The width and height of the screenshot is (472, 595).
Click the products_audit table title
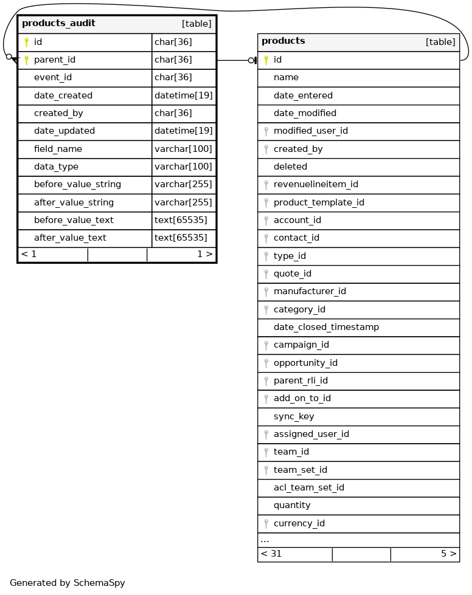(x=58, y=24)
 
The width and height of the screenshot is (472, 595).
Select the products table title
(x=283, y=41)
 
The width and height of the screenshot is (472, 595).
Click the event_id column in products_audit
(x=53, y=78)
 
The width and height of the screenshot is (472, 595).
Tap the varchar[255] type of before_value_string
(x=183, y=185)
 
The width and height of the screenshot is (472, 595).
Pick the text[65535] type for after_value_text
(x=181, y=238)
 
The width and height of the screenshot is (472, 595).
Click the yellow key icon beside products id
(x=266, y=60)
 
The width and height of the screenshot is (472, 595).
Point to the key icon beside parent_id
(x=26, y=60)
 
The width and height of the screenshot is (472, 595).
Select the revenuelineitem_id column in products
(x=316, y=185)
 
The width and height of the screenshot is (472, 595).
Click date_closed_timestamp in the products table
(x=326, y=328)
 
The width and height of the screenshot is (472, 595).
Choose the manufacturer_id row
(x=310, y=292)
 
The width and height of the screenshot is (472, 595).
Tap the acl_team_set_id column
(x=309, y=488)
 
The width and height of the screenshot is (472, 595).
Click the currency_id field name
(x=299, y=524)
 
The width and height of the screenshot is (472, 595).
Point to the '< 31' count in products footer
(x=271, y=554)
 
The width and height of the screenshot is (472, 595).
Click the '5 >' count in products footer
(x=448, y=554)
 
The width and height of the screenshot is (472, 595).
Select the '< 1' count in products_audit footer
(x=29, y=255)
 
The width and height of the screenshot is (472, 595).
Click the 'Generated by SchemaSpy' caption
(x=68, y=583)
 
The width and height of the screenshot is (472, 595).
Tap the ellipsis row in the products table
(x=265, y=540)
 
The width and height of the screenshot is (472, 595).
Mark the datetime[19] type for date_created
(x=183, y=95)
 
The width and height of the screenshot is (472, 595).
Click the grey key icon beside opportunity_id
(x=266, y=363)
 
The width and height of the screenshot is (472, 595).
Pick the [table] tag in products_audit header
(x=196, y=24)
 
